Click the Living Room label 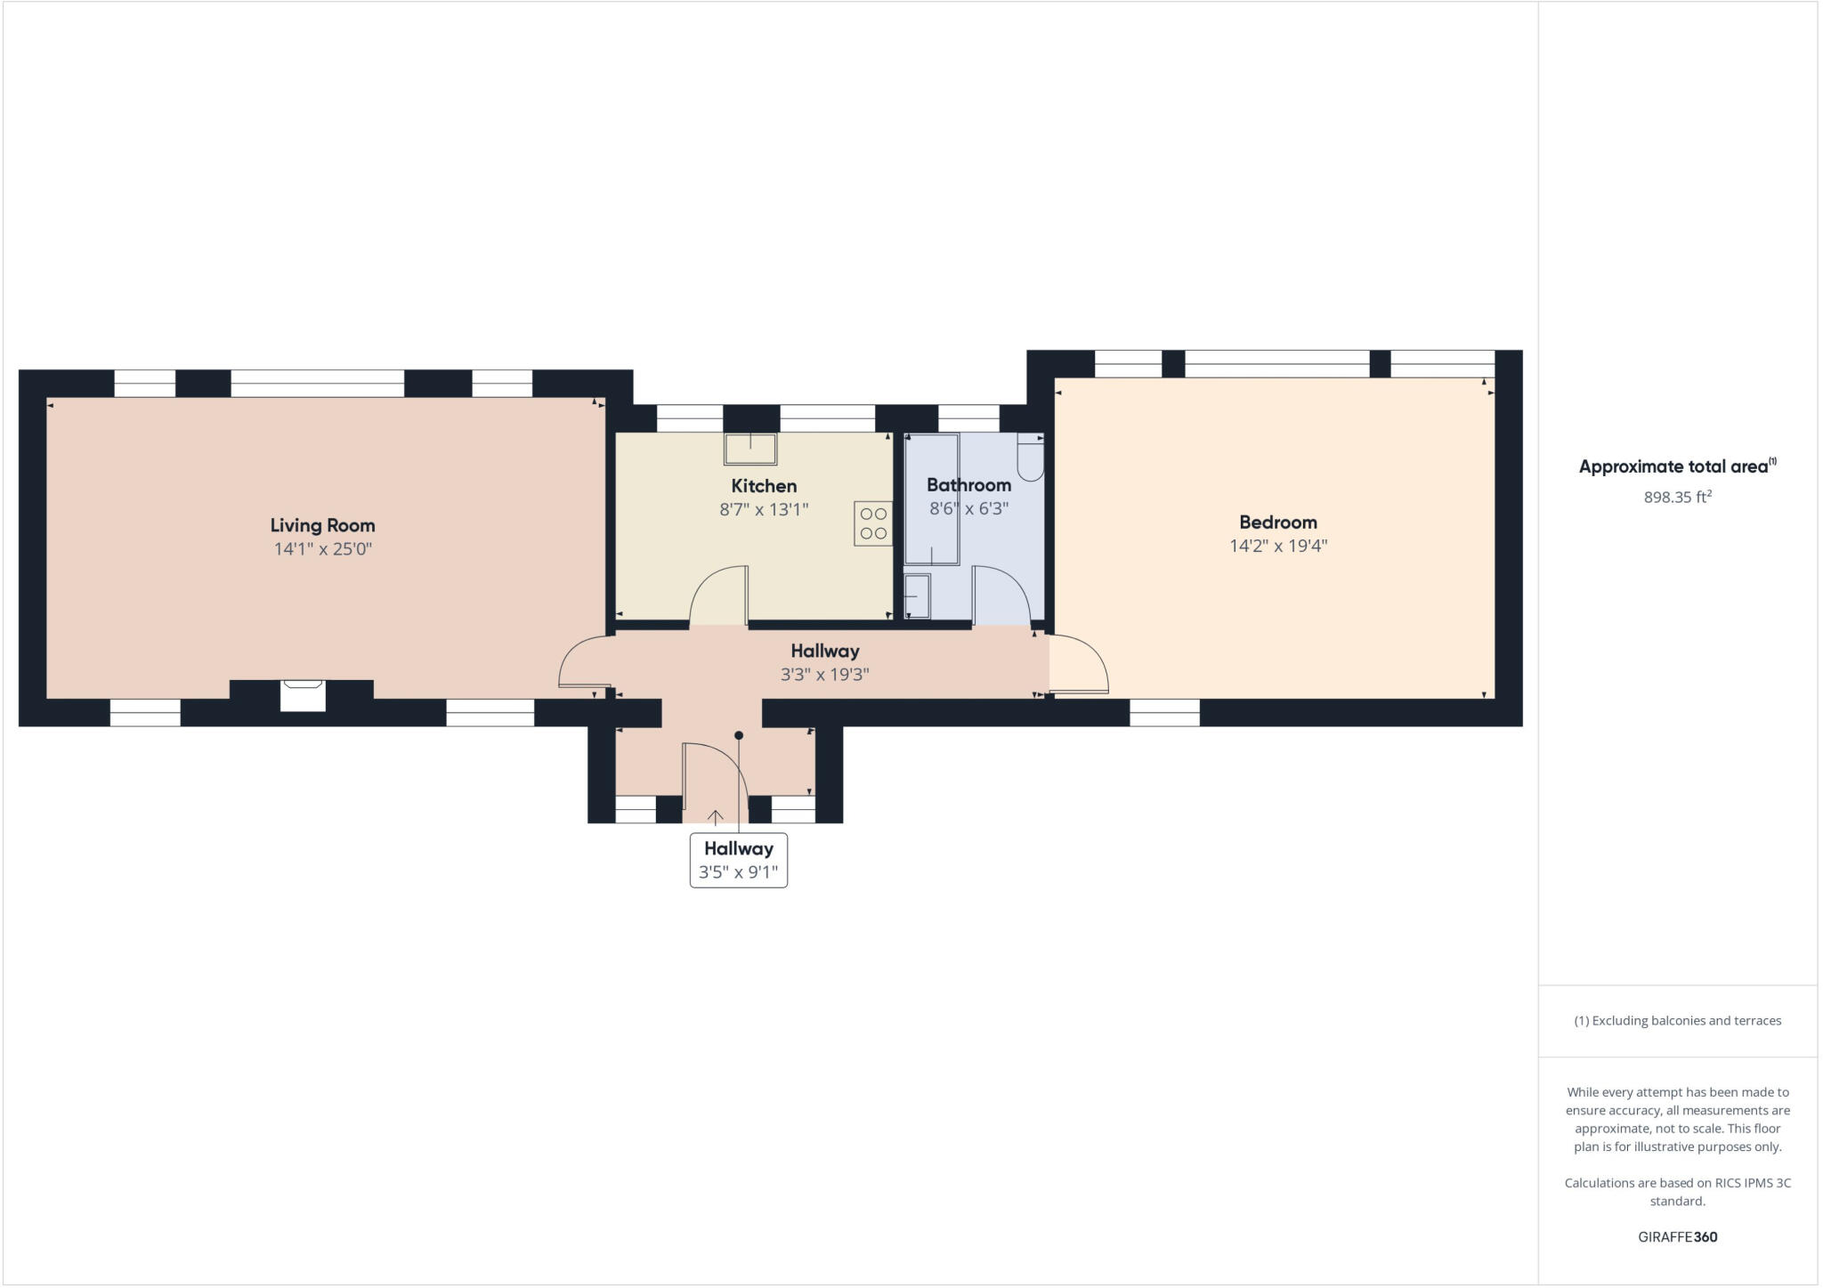322,525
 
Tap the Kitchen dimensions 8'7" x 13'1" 764,510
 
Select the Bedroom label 1277,522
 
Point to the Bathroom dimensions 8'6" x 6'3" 968,509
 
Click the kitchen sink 750,449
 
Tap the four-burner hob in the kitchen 873,523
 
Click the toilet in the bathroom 1030,458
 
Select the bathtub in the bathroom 931,498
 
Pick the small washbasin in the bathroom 917,595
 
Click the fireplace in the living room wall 303,694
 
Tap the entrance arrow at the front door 715,817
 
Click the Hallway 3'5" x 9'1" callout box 738,860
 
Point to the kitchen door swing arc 717,595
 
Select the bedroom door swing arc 1082,663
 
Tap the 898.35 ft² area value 1677,498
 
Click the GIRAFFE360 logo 1677,1236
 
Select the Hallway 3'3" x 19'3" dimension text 824,675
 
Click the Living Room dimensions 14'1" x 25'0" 322,549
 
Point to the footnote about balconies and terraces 1677,1021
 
